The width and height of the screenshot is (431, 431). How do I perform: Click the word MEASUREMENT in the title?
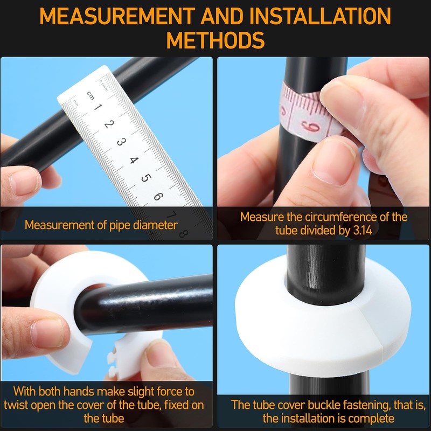click(x=117, y=16)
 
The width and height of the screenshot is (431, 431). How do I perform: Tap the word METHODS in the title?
click(x=215, y=40)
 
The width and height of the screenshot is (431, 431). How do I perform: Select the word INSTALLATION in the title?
click(x=320, y=16)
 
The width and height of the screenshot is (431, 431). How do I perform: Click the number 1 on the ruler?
click(x=98, y=107)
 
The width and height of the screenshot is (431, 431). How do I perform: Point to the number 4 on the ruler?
click(x=134, y=160)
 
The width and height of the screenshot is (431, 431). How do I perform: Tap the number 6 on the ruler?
click(x=158, y=196)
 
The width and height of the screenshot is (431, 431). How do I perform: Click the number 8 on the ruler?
click(x=183, y=234)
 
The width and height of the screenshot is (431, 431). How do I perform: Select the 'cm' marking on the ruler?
click(x=90, y=96)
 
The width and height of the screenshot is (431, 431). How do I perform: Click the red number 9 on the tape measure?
click(x=311, y=127)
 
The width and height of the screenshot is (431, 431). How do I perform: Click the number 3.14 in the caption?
click(x=362, y=231)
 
